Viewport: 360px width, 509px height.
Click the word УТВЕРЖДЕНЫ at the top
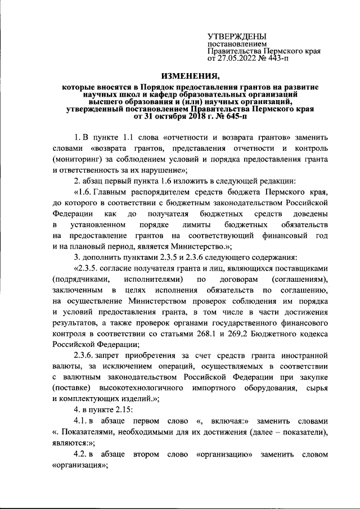tap(235, 36)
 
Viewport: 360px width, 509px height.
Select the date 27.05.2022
tap(236, 57)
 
